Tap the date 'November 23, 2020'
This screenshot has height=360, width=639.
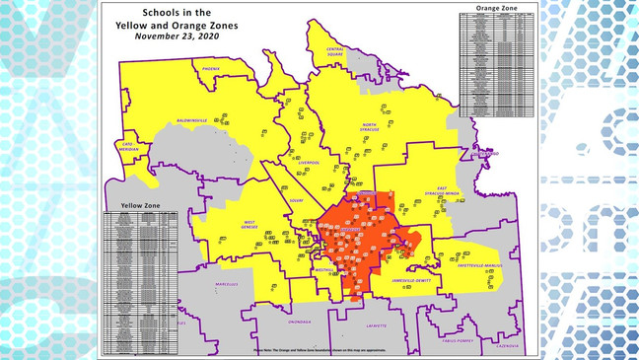pos(177,36)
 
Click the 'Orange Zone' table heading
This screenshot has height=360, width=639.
pos(496,8)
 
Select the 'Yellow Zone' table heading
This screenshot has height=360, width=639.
pos(140,205)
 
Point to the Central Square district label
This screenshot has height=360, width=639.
pos(335,49)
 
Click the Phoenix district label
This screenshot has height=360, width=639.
pos(211,69)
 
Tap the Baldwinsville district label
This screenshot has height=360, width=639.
pos(191,120)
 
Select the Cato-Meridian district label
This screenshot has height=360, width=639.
pos(126,147)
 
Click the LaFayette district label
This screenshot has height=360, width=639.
pos(377,324)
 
